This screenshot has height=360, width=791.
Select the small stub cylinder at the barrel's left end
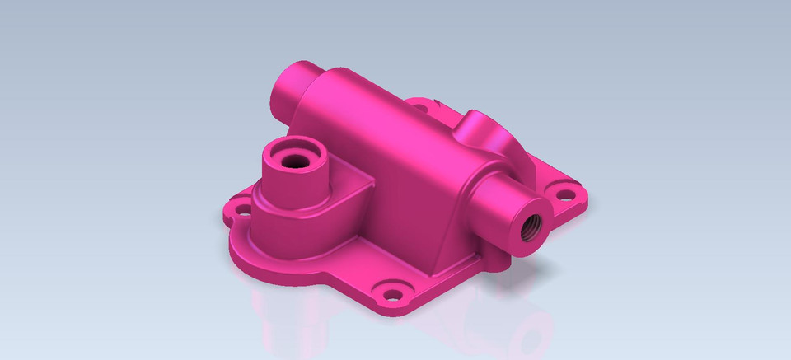click(x=288, y=91)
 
